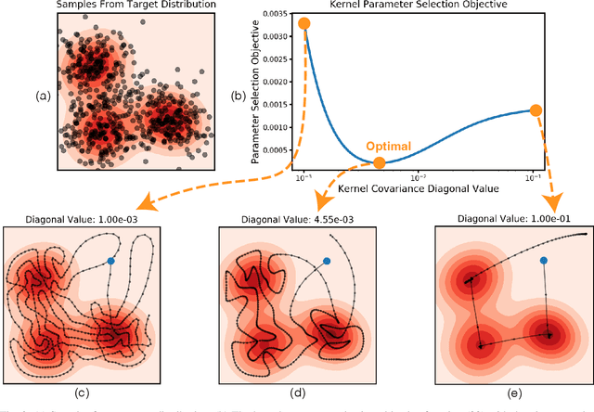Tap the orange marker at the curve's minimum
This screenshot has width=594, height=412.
[x=379, y=163]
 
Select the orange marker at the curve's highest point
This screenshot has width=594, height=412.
[x=304, y=23]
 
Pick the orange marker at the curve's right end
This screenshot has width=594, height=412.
[x=535, y=110]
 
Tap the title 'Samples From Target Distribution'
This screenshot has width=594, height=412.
[x=123, y=6]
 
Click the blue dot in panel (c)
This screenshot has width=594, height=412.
[x=111, y=261]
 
